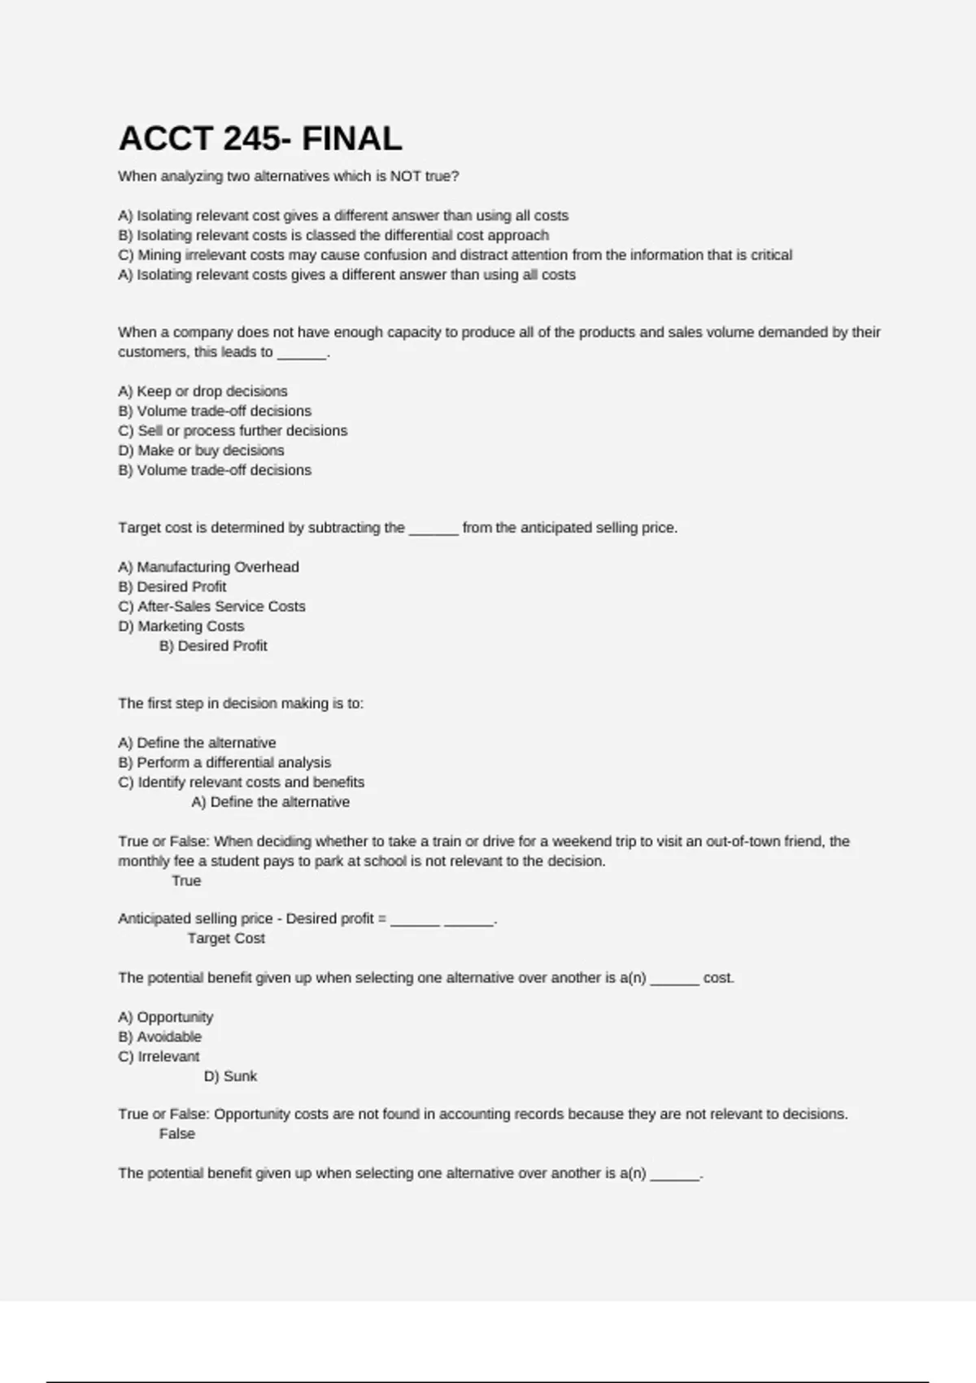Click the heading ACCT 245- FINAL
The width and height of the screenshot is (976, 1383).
tap(260, 139)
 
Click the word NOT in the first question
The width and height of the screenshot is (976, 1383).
tap(405, 177)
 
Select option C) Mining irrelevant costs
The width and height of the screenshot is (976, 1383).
tap(455, 255)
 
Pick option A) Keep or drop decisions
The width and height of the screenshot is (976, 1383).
tap(203, 391)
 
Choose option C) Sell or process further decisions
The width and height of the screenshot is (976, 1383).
tap(233, 431)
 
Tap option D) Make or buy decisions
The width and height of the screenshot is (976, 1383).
tap(201, 451)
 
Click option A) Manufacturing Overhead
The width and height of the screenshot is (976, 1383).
tap(208, 567)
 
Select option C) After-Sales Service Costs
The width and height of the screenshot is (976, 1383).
tap(211, 607)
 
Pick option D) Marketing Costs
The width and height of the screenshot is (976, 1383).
tap(181, 626)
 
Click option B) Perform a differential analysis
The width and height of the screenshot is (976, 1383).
tap(224, 763)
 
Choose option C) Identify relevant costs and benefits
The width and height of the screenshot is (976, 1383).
tap(241, 783)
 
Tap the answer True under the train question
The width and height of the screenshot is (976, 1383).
tap(186, 881)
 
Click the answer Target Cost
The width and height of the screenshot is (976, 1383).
tap(226, 939)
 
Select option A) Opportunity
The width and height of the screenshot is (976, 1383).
tap(165, 1018)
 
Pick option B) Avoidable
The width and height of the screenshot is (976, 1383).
tap(159, 1037)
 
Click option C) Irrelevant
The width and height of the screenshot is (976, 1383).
tap(159, 1057)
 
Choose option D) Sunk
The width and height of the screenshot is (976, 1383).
tap(230, 1076)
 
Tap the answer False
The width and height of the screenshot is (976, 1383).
tap(176, 1134)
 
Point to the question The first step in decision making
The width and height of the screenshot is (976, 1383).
tap(241, 704)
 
